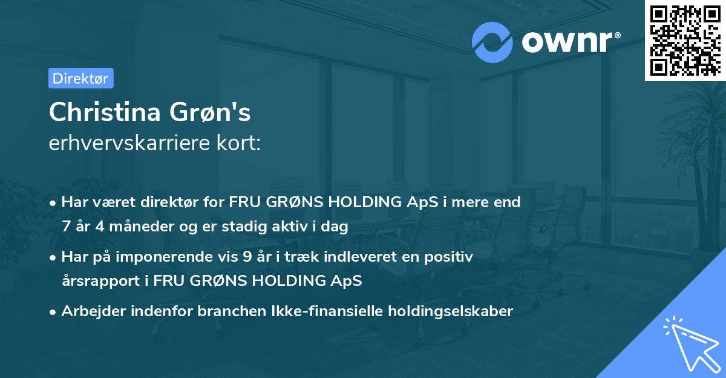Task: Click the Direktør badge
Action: click(80, 78)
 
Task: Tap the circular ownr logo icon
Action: click(492, 42)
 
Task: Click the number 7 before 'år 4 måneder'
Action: click(65, 227)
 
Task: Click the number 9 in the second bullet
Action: click(247, 257)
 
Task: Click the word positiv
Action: click(451, 257)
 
